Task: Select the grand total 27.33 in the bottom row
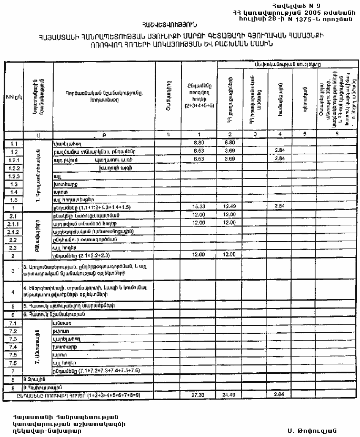[198, 394]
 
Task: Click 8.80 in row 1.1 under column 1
[198, 143]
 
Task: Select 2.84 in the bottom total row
[279, 394]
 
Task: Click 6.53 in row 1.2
[198, 151]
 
